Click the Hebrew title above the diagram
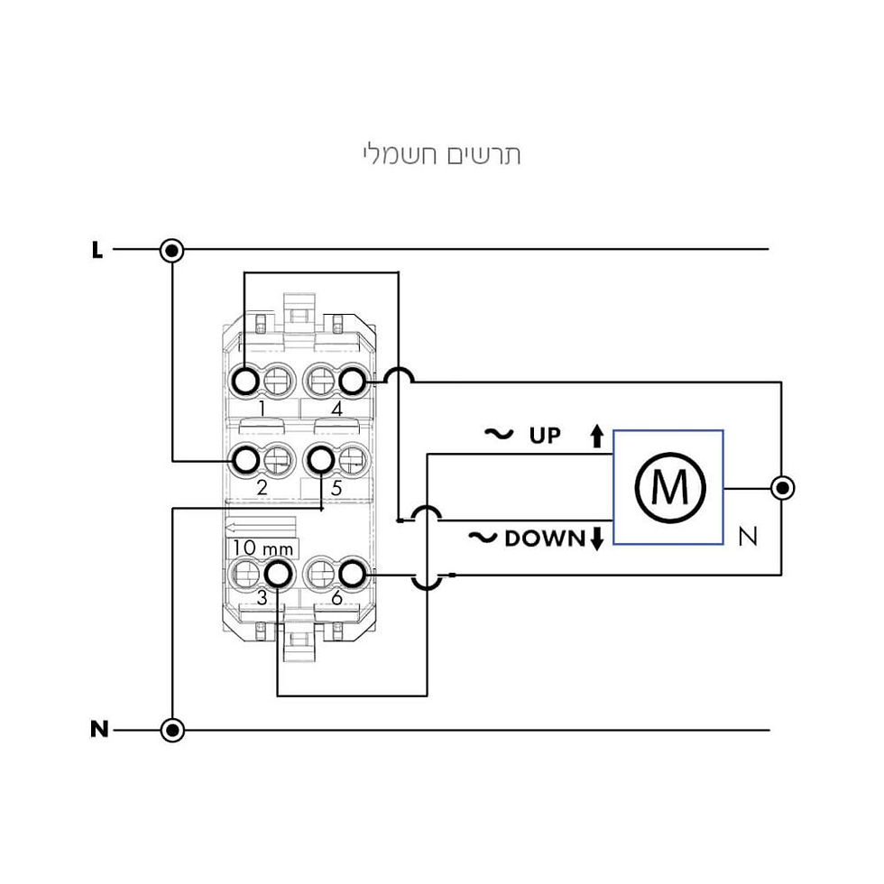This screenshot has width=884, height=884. coord(441,154)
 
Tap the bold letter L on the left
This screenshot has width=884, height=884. coord(97,250)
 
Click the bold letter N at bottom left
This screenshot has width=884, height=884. coord(99,730)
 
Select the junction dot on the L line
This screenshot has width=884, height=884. coord(172,249)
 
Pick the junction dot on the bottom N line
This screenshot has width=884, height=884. coord(172,730)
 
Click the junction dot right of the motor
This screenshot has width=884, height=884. coord(782,488)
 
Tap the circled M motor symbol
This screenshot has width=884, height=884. coord(669,488)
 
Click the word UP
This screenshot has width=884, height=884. coord(545,436)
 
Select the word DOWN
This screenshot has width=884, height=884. coord(545,539)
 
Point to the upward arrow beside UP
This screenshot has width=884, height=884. coord(597,436)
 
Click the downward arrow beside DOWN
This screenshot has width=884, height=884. coord(597,539)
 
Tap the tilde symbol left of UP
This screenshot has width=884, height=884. coord(499,434)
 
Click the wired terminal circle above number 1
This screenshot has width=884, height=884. coord(245,382)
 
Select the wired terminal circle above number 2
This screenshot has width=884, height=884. coord(245,461)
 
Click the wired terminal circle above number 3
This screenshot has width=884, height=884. coord(278,575)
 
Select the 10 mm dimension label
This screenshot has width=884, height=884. coord(262,548)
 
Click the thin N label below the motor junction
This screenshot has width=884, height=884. coord(748,536)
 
